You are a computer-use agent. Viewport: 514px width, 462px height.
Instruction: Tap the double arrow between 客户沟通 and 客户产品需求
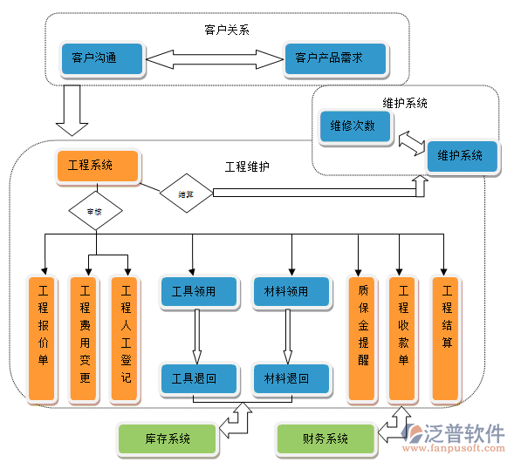[214, 59]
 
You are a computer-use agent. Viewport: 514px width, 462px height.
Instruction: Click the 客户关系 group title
[227, 30]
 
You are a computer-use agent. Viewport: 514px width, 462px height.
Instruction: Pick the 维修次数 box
[353, 126]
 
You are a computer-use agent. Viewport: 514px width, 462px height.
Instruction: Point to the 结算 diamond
[185, 194]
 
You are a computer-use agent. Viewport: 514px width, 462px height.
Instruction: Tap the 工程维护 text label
[247, 166]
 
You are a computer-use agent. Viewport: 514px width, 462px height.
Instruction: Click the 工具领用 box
[194, 292]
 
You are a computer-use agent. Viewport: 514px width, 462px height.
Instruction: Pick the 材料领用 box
[291, 292]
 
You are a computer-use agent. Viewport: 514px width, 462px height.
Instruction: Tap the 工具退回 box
[194, 377]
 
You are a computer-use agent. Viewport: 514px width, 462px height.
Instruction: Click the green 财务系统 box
[325, 438]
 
